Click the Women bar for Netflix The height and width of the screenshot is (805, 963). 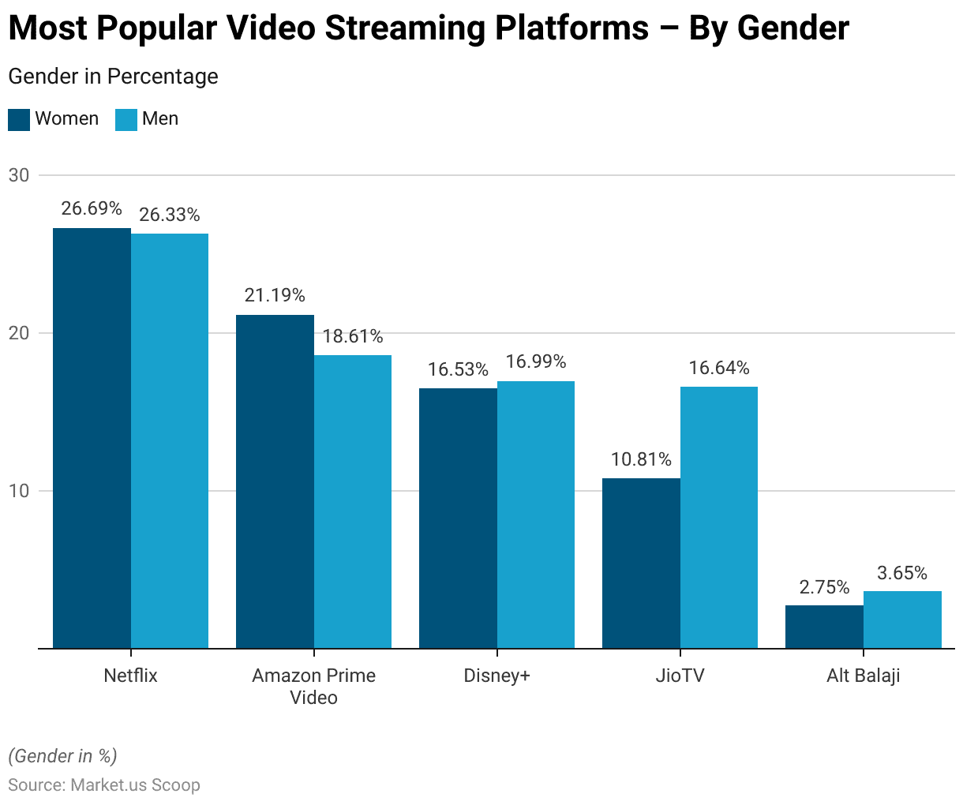click(x=92, y=438)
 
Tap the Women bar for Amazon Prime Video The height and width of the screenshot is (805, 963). click(x=275, y=481)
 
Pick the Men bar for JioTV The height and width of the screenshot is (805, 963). click(x=719, y=517)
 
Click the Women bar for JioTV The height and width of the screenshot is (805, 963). click(x=641, y=563)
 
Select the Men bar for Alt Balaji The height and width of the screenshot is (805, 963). click(x=902, y=620)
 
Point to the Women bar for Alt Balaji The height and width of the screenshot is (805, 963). click(x=824, y=627)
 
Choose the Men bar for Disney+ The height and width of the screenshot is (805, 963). click(x=536, y=515)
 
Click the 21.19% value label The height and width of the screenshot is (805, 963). click(x=275, y=295)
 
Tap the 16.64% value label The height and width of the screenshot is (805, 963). click(x=719, y=368)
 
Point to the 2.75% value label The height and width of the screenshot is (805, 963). click(x=824, y=587)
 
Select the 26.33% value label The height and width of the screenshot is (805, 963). click(x=170, y=215)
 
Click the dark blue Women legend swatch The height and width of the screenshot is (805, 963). click(x=19, y=119)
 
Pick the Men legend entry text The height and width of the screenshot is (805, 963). click(x=160, y=119)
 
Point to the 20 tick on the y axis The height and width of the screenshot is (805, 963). click(x=19, y=333)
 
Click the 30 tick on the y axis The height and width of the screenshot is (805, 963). click(x=19, y=175)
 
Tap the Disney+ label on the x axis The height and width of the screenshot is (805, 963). click(x=496, y=676)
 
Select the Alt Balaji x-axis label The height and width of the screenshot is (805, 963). click(x=864, y=676)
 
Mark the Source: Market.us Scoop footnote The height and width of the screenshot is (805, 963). click(x=104, y=785)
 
